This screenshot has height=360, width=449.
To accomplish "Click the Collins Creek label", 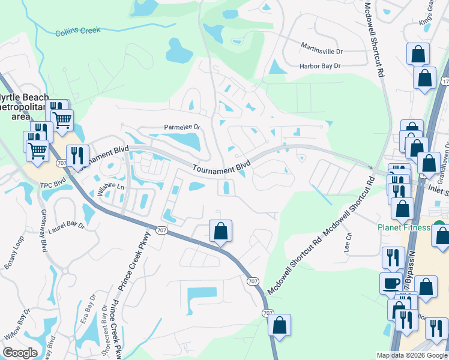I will point(78,31).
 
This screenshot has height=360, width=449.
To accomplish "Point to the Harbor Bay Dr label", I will point(321,65).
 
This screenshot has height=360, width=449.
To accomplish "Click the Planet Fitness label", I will point(404,227).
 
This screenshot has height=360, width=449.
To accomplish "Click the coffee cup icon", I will point(391,283).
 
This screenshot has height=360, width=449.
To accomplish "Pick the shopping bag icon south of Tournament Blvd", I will point(221,230).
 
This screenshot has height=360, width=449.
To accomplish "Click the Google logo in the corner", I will point(19,353).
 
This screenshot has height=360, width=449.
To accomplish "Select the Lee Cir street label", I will point(347,241).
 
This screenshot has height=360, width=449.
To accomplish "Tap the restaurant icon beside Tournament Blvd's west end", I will point(77,155).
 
